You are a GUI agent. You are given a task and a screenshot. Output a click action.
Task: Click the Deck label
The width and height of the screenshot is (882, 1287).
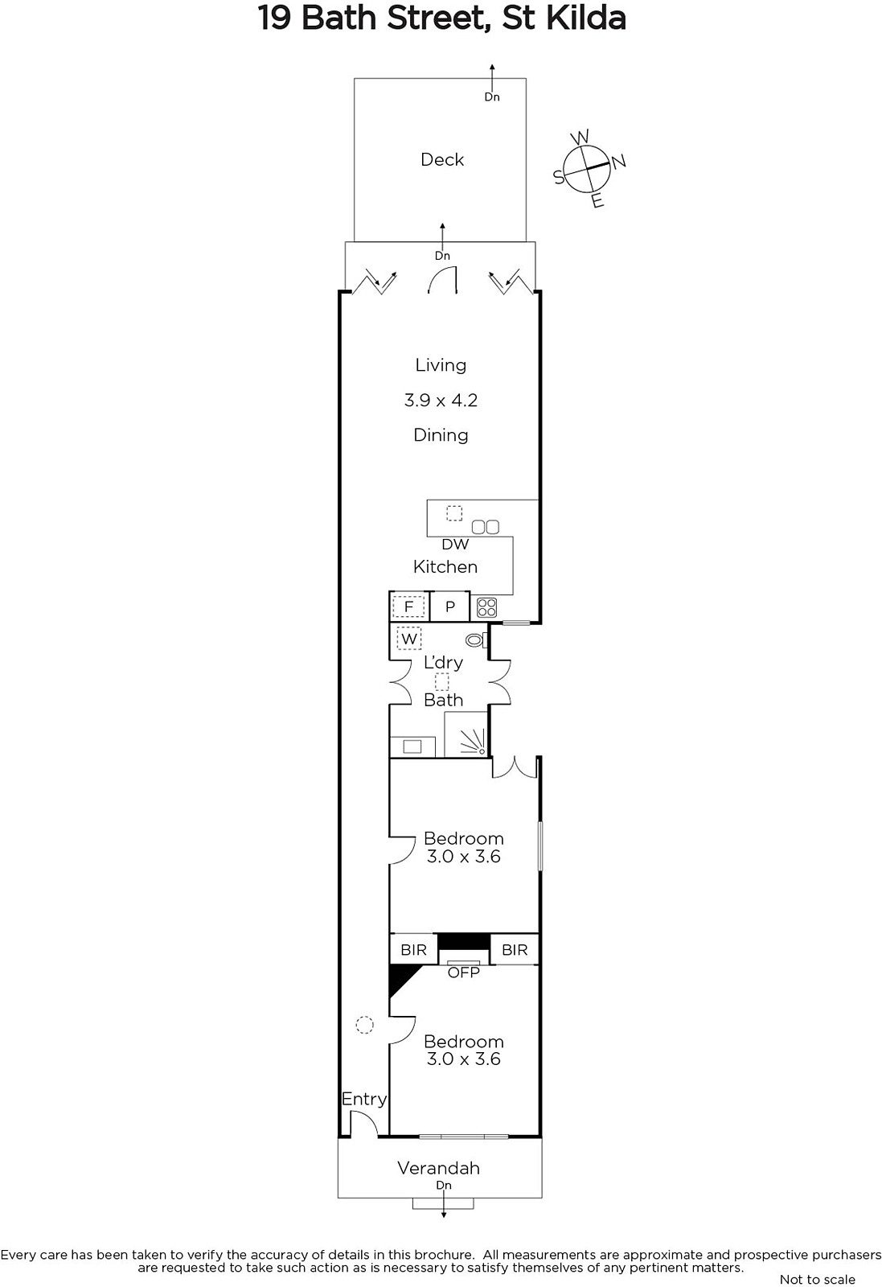point(441,160)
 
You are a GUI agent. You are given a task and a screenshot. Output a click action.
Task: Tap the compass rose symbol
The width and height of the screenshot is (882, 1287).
point(585,169)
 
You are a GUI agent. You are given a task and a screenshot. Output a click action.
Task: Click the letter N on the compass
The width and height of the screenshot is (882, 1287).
point(617,162)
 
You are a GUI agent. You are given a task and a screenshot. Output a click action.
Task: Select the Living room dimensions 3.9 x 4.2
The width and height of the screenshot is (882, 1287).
point(441,400)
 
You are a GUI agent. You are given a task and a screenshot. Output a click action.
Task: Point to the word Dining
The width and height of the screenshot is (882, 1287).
point(441,435)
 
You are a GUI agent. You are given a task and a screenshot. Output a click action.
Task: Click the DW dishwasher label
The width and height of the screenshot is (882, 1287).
point(455,544)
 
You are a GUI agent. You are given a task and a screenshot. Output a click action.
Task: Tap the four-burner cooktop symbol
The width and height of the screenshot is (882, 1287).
point(486,607)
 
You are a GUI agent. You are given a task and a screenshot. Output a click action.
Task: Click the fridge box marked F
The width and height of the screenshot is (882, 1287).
point(409,606)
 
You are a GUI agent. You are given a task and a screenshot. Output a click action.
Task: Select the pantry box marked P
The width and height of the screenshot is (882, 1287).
point(450,606)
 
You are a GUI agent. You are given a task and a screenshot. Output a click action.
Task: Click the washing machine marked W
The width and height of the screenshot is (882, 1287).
point(409,639)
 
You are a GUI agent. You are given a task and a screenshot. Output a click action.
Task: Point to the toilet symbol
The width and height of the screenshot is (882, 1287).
point(477,639)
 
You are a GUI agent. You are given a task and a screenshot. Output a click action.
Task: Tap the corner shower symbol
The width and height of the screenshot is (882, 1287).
point(466,734)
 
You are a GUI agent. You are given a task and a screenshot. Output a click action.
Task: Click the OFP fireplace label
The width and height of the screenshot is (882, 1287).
point(463,972)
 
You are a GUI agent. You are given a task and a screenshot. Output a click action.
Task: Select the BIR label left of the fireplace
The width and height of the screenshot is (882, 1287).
point(413,950)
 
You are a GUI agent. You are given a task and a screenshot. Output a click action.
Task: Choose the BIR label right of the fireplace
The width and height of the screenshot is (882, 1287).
point(515,950)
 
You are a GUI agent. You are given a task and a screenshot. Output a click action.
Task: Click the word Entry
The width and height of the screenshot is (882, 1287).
point(364,1099)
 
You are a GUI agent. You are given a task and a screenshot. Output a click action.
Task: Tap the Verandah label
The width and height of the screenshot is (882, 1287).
point(439,1168)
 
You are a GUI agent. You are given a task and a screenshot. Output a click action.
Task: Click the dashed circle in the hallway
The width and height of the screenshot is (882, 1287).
point(365,1025)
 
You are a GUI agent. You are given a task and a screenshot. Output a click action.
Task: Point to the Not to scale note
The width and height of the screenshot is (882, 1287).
point(818,1279)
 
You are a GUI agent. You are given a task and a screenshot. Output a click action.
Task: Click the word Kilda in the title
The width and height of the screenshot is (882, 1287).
point(585,18)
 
